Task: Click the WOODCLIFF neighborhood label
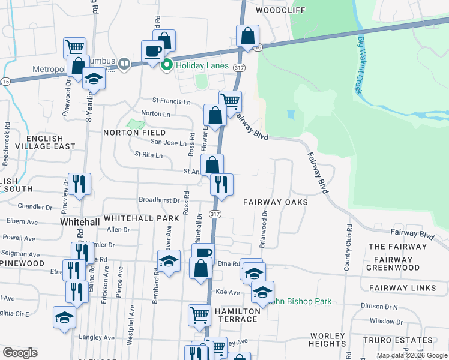[x=280, y=10]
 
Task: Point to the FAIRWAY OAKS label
[x=275, y=202]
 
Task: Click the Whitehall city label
[x=80, y=222]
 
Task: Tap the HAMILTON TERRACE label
[x=238, y=315]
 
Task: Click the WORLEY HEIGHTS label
[x=328, y=340]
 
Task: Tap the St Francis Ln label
[x=171, y=100]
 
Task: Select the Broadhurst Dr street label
[x=159, y=200]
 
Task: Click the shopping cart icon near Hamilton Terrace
[x=200, y=314]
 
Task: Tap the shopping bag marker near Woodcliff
[x=247, y=35]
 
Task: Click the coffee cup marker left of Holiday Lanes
[x=152, y=50]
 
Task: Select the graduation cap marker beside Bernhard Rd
[x=169, y=260]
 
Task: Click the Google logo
[x=20, y=353]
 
